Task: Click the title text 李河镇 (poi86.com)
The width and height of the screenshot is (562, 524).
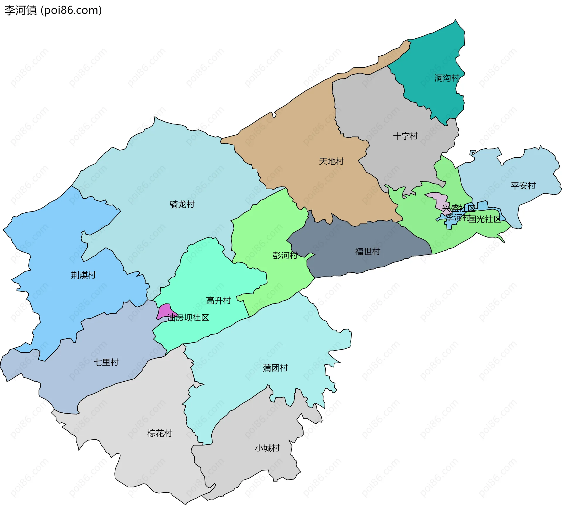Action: click(53, 10)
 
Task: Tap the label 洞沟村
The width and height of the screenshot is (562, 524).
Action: click(447, 78)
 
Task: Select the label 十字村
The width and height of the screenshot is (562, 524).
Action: click(405, 136)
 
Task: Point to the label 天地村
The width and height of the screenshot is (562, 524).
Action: click(331, 161)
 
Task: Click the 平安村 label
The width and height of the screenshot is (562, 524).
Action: click(523, 186)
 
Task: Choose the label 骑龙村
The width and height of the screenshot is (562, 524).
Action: click(182, 204)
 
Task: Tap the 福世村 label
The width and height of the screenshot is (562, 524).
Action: click(368, 252)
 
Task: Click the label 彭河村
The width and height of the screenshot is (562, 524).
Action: click(285, 255)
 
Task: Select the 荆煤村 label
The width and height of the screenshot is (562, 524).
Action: click(83, 275)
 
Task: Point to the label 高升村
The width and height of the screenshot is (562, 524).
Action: click(218, 301)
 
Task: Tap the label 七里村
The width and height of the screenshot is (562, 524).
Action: click(106, 363)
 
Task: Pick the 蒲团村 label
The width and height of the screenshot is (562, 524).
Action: click(275, 368)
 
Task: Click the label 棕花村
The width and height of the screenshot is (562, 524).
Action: click(160, 433)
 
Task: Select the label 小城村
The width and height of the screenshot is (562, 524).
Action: click(267, 448)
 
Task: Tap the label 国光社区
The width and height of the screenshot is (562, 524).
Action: click(485, 219)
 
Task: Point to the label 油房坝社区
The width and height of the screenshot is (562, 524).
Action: click(188, 318)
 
